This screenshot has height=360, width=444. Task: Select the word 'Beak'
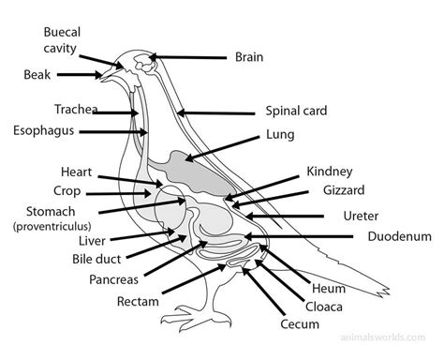38,73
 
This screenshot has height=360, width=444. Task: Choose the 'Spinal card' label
295,110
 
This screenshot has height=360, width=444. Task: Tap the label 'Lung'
280,134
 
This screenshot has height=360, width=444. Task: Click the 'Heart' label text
76,172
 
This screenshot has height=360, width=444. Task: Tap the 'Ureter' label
361,216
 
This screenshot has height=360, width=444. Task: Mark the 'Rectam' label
138,302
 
